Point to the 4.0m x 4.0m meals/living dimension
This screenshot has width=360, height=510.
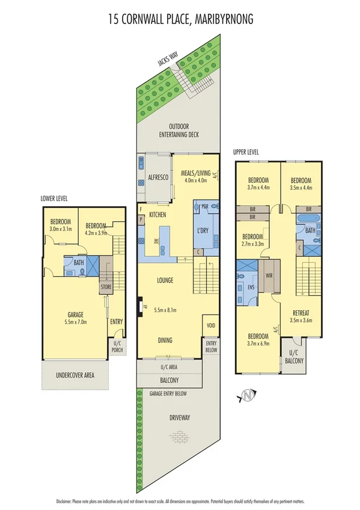[x=194, y=180]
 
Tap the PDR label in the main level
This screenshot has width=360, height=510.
[x=204, y=205]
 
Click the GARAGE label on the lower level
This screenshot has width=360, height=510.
[x=75, y=314]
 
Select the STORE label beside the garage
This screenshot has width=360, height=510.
[x=106, y=287]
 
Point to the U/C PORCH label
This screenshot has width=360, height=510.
[x=117, y=348]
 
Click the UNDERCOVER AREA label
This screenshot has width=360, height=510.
[x=76, y=375]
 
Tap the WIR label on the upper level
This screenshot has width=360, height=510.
[x=269, y=276]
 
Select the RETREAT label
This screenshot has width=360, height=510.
[x=301, y=313]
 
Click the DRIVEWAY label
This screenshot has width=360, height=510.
[x=179, y=417]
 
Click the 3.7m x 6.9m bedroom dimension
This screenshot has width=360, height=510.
[x=258, y=343]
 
